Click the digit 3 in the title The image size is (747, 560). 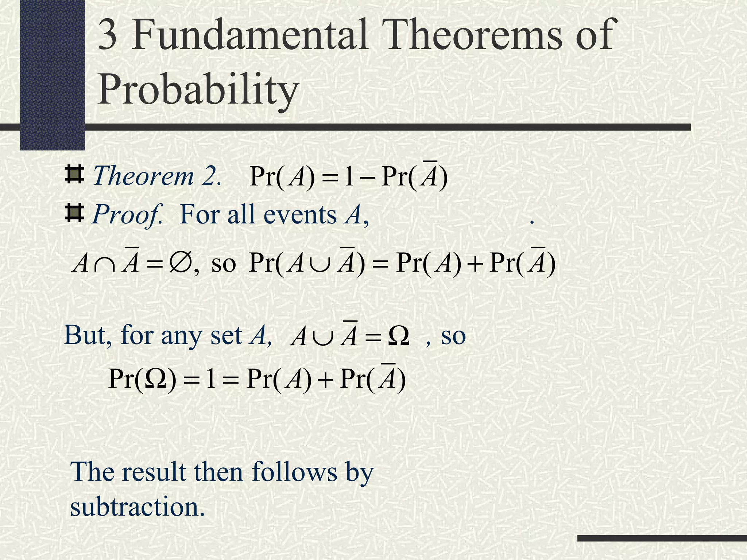pyautogui.click(x=108, y=35)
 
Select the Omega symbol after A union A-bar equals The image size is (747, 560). pyautogui.click(x=398, y=336)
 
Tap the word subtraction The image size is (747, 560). pyautogui.click(x=137, y=507)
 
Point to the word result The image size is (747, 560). pyautogui.click(x=153, y=472)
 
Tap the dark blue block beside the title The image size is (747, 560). pyautogui.click(x=52, y=75)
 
